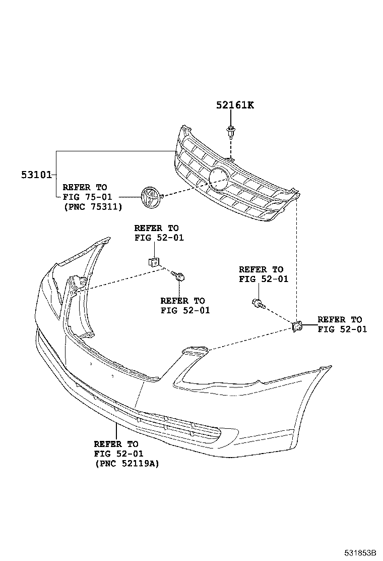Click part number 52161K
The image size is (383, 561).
click(x=235, y=105)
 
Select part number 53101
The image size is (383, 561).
click(x=36, y=175)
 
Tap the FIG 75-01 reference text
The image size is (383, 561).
click(x=87, y=197)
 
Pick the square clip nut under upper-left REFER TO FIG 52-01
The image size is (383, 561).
click(x=154, y=262)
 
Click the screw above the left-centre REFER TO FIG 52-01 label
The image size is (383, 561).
click(x=179, y=275)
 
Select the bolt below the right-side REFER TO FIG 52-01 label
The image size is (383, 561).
click(x=258, y=304)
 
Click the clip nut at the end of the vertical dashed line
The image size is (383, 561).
click(x=297, y=327)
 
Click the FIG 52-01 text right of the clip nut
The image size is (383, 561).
click(x=342, y=329)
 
